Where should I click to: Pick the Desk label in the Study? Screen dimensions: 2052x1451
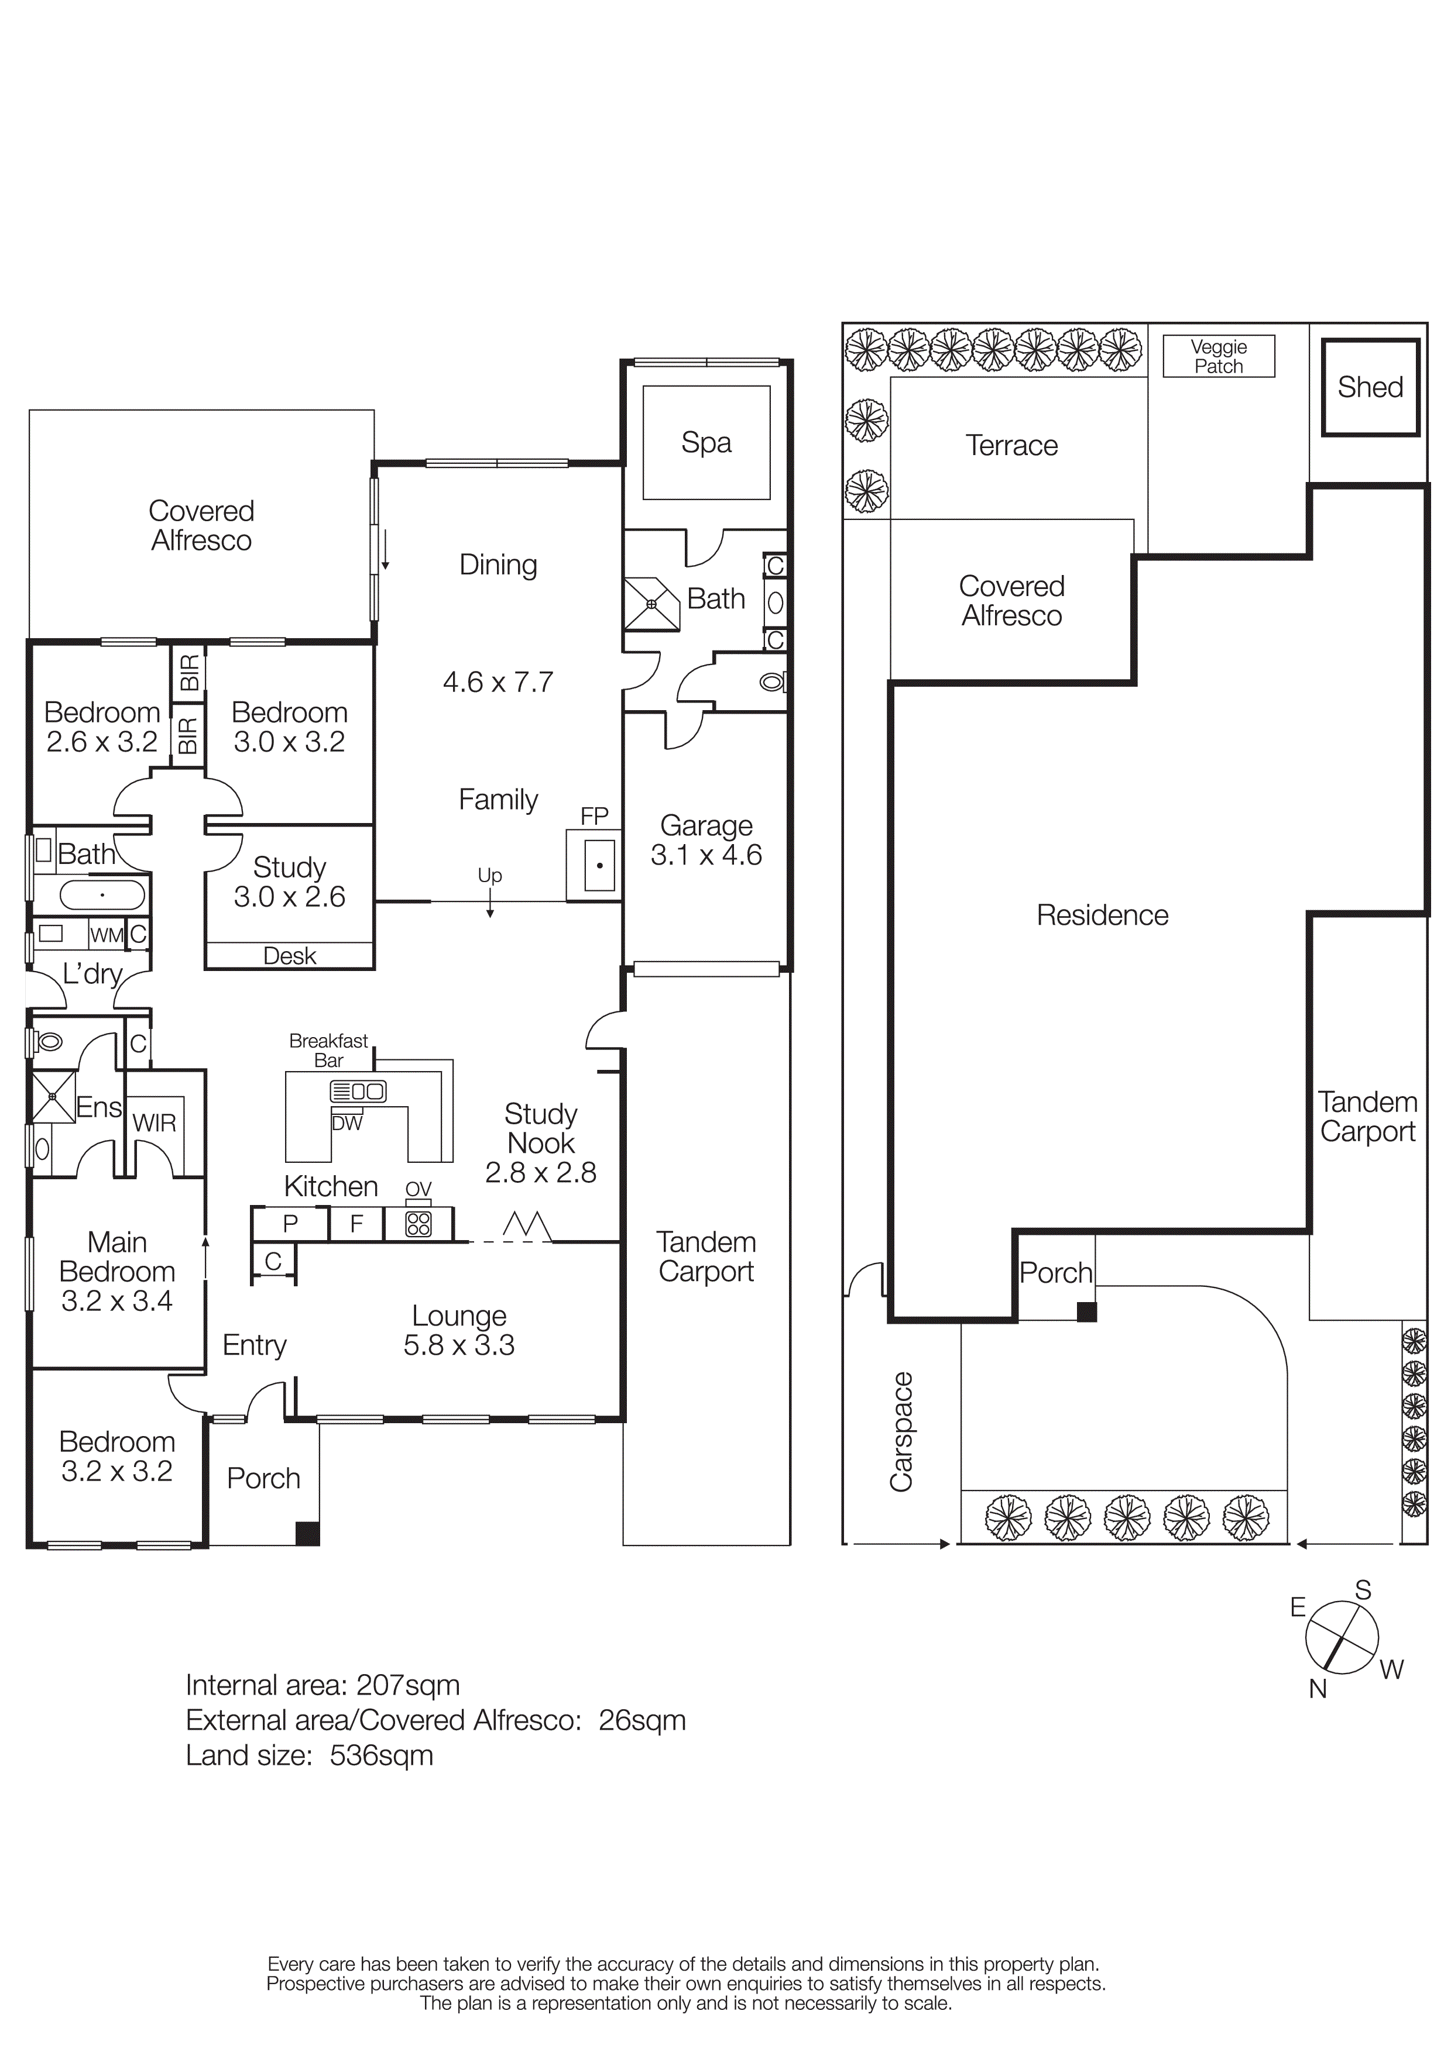point(290,956)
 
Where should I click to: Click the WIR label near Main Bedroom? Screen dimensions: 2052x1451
point(155,1124)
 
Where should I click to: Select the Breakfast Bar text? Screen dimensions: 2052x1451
point(328,1050)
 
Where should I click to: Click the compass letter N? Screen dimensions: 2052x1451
point(1317,1689)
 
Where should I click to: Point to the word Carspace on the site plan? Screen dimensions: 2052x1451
point(901,1431)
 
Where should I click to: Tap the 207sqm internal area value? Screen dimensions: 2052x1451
point(408,1686)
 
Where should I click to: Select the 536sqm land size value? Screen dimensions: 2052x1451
point(381,1755)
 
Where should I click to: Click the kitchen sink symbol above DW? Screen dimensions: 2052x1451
point(358,1092)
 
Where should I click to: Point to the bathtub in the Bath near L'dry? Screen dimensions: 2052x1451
point(102,894)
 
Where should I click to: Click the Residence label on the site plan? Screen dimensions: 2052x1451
point(1102,915)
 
